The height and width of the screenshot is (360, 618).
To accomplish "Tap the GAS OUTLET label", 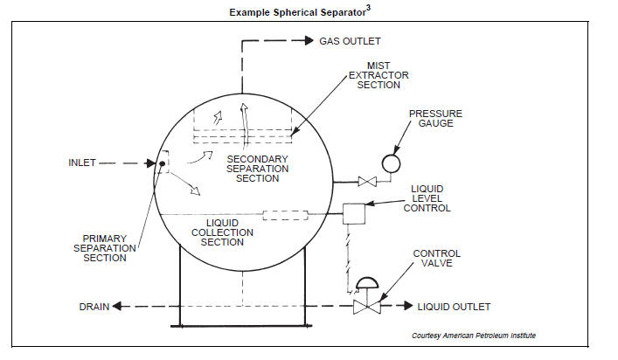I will pos(350,41).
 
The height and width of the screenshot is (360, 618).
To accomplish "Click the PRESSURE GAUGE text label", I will pos(434,120).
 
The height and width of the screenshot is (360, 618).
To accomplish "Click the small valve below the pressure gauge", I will pos(366,182).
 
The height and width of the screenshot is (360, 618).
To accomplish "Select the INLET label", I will pos(85,163).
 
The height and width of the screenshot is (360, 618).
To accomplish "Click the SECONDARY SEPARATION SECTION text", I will pos(252,169).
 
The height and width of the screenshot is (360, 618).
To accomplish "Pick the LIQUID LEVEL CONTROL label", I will pos(429,198).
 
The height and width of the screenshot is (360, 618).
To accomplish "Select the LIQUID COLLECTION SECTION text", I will pos(222,232).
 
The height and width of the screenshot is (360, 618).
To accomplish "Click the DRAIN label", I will pos(94,307).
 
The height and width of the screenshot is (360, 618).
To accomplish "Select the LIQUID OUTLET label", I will pos(454,307).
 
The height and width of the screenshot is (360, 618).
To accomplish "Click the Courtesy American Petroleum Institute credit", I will pos(474,336).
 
